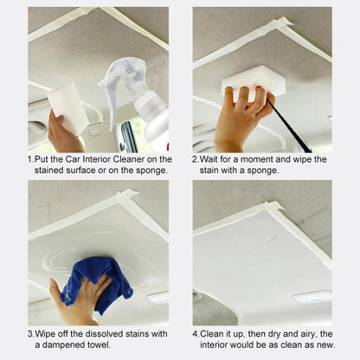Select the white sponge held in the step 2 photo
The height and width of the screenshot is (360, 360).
[253, 81]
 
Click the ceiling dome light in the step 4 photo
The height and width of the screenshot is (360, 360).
[312, 296]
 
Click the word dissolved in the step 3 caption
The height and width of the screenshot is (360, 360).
[101, 333]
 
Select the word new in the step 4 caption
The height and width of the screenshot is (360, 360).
[323, 345]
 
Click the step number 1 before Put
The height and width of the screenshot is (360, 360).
[30, 159]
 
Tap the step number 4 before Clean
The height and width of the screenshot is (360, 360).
[196, 333]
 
